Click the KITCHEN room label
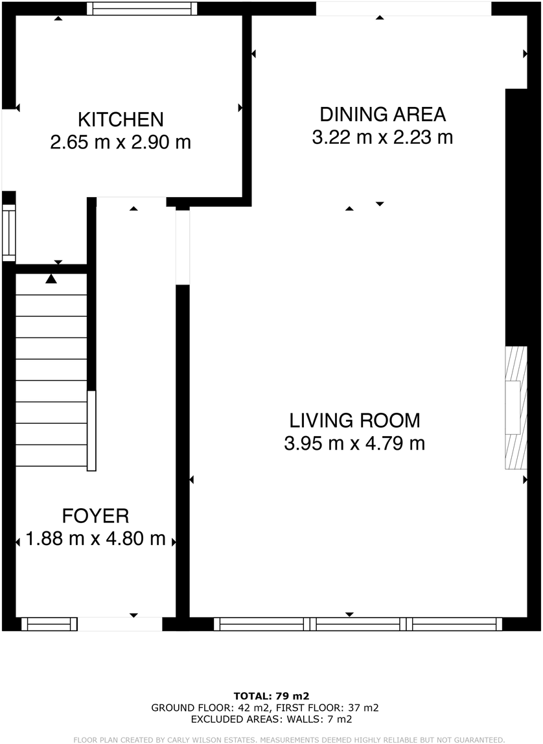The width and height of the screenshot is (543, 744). point(121,119)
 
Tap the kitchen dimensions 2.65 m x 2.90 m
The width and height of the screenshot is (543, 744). point(121,142)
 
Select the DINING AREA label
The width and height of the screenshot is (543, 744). point(382,115)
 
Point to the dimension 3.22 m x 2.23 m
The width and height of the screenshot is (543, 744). point(382,137)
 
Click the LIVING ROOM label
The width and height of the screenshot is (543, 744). point(354,421)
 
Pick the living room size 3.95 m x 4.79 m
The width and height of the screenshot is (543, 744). point(354,444)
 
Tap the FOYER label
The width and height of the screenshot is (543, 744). point(95,516)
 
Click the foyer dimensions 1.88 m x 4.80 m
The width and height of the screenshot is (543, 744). point(95,539)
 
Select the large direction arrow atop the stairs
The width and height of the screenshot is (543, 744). point(51,279)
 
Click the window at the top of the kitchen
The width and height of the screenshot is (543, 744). point(143,8)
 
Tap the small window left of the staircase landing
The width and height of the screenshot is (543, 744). point(8,233)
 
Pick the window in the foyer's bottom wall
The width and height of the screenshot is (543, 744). point(49,624)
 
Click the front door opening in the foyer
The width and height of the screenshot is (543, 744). point(120,624)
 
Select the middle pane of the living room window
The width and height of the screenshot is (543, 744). point(358,624)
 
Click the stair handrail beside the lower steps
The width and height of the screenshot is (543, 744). point(92,431)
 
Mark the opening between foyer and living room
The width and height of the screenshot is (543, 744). point(183,247)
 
